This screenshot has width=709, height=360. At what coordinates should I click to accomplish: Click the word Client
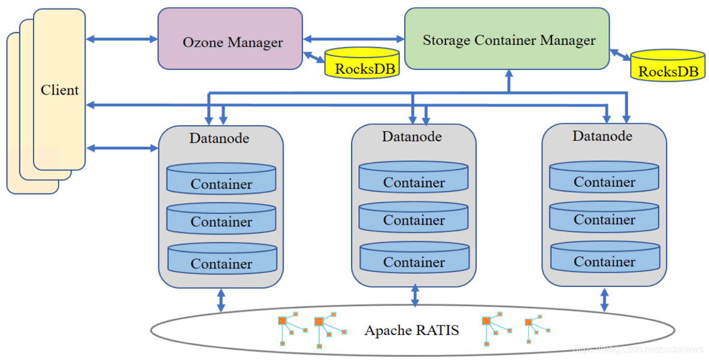tap(59, 90)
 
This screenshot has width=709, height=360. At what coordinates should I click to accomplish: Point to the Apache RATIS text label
tap(411, 330)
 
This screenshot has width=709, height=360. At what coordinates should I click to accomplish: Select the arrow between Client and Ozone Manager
tap(122, 39)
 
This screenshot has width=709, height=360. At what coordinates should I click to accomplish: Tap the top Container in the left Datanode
tap(221, 179)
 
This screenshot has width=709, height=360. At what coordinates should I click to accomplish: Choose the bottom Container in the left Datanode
tap(222, 259)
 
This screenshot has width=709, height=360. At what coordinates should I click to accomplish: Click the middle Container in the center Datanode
tap(414, 216)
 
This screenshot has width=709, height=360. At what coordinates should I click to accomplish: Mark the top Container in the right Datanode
tap(604, 177)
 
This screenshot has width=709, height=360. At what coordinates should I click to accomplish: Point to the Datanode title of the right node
tap(602, 136)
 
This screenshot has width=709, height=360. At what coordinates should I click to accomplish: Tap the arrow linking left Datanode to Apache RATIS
tap(221, 300)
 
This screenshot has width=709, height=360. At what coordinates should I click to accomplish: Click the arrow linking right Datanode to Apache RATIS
tap(604, 299)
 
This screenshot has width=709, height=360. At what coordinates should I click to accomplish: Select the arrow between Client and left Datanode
tap(122, 147)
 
